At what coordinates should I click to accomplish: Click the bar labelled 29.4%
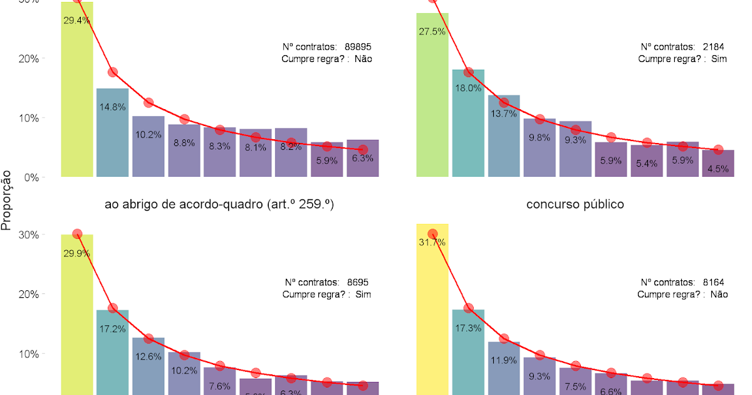(x=77, y=94)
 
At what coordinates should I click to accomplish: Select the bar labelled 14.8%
(x=112, y=135)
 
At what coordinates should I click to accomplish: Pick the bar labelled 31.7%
(x=432, y=313)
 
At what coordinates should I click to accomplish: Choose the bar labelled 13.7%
(x=504, y=138)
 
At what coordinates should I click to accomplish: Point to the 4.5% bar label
(x=718, y=169)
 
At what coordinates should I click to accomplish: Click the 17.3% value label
(x=468, y=328)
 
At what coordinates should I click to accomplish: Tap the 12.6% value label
(x=149, y=356)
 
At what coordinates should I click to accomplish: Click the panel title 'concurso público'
(x=575, y=204)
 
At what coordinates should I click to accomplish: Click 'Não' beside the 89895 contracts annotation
(x=363, y=59)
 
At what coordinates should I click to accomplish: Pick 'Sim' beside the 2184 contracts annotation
(x=720, y=59)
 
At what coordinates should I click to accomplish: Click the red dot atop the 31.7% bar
(x=432, y=234)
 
